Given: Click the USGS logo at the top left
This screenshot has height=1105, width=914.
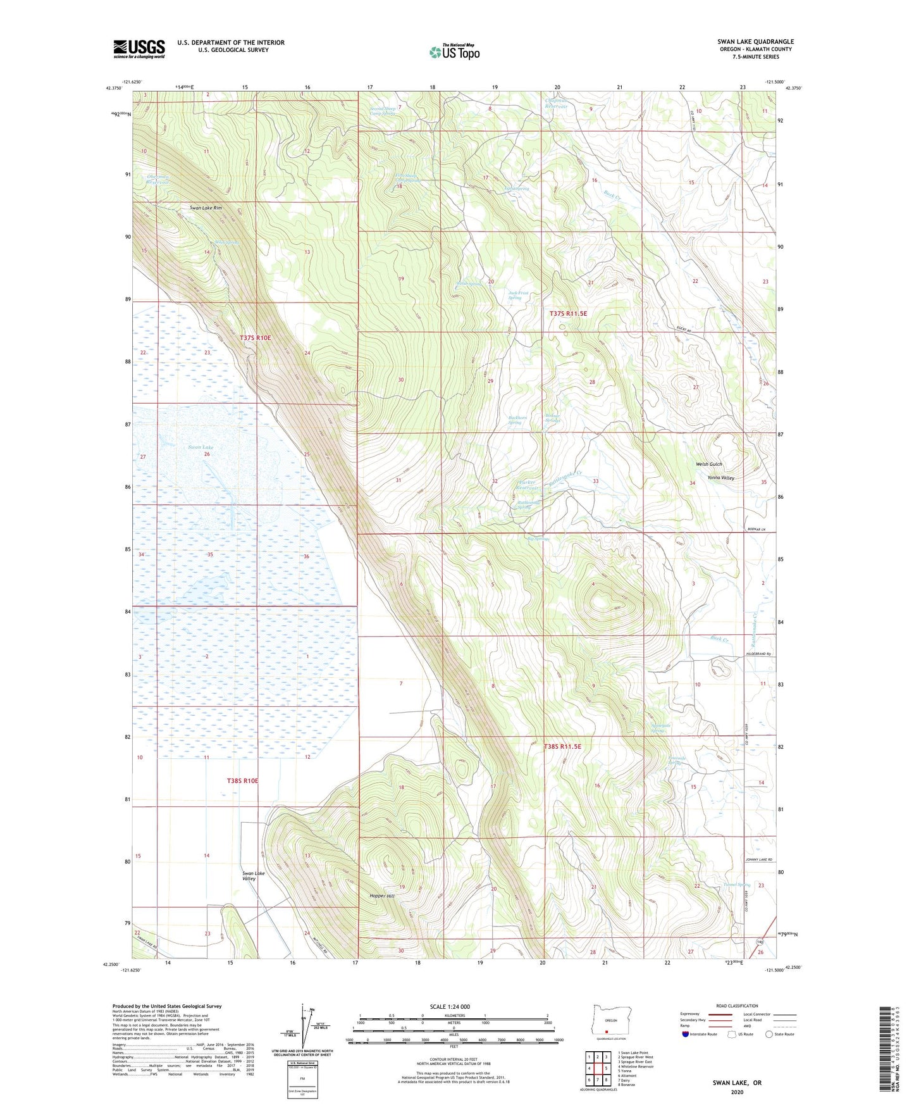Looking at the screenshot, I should coord(139,49).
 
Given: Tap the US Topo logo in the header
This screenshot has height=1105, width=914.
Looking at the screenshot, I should coord(454,52).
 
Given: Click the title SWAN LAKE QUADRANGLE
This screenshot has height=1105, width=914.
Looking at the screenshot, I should coord(755,42).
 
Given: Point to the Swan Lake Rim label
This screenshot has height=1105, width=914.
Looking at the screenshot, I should coord(206,208).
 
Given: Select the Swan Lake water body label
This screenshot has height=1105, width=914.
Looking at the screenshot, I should coord(201,447).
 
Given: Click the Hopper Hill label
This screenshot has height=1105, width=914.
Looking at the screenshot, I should coord(382,896).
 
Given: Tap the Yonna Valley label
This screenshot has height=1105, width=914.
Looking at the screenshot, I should coord(721,478).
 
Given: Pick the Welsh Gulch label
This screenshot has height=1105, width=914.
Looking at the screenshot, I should coord(709,464).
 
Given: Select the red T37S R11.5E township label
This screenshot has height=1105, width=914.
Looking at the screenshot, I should coord(572,313).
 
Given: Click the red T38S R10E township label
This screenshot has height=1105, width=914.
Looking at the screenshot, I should coord(243,781).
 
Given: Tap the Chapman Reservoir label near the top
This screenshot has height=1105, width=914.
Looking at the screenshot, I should coord(557,103).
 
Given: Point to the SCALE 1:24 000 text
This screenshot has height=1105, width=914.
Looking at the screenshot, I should coord(450,1006).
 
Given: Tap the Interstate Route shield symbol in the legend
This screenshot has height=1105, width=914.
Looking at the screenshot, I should coord(686,1034).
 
